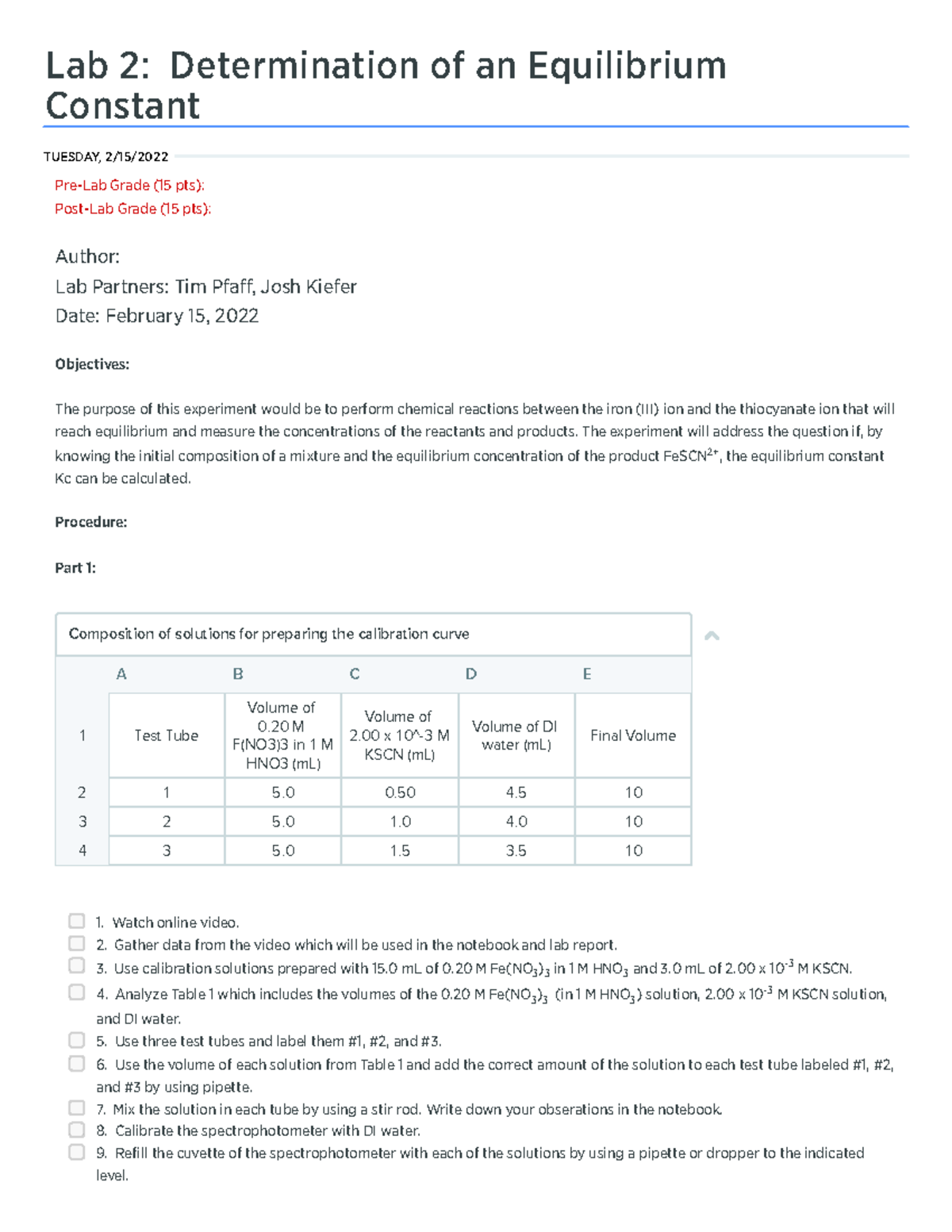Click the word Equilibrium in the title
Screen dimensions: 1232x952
(627, 66)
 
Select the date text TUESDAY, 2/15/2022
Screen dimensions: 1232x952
(106, 156)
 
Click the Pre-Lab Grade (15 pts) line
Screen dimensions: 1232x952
(129, 185)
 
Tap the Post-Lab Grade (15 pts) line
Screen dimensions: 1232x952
(132, 209)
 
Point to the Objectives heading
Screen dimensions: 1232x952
(92, 364)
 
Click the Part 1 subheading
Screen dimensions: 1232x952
(75, 568)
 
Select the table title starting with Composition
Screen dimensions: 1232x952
(269, 634)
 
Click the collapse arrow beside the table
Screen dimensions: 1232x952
(712, 635)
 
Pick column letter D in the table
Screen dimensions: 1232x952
(470, 674)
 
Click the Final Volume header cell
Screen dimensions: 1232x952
(632, 735)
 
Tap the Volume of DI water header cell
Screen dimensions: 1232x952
(516, 735)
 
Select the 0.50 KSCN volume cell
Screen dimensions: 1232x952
(400, 793)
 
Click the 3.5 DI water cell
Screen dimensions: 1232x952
(516, 850)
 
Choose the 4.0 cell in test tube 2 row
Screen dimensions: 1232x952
(516, 822)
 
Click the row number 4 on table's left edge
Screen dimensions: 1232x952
(82, 850)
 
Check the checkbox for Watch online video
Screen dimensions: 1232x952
(76, 921)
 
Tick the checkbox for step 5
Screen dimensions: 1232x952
(76, 1040)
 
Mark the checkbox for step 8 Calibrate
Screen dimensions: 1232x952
(76, 1130)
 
